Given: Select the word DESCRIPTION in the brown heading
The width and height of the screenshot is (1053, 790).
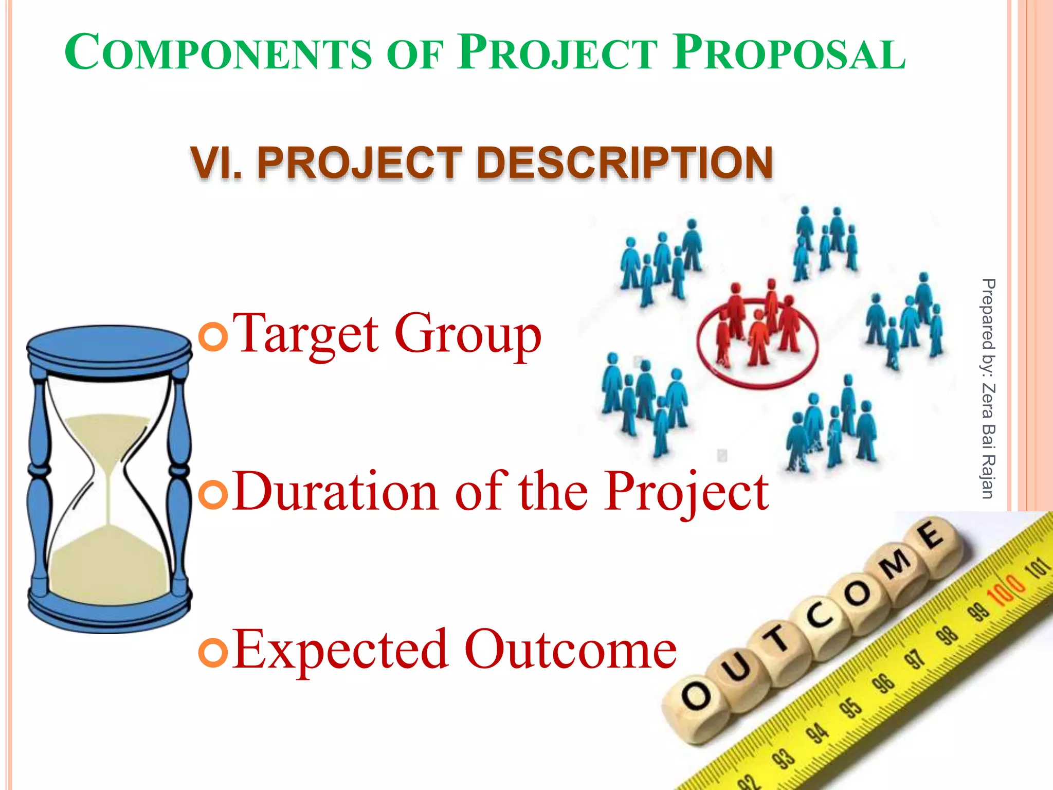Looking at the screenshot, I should tap(624, 163).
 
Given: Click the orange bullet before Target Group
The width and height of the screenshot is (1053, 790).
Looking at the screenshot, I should tap(213, 337).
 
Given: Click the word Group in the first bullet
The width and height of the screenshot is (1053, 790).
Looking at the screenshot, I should tap(468, 334).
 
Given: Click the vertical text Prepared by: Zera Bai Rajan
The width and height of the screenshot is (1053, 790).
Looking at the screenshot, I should tap(988, 388).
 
